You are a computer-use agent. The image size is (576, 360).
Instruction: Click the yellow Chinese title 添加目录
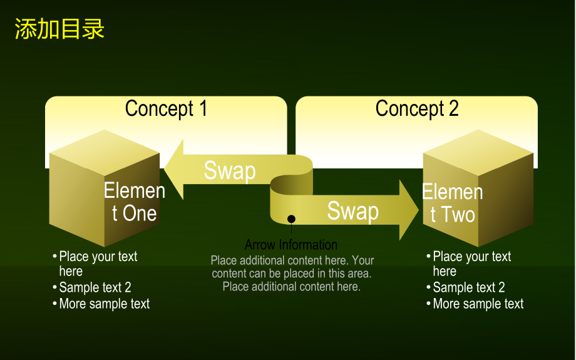tap(59, 29)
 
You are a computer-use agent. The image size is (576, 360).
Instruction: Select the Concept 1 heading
tap(166, 109)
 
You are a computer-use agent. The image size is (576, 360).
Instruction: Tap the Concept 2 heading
tap(417, 109)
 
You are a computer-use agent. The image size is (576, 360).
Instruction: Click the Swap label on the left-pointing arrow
tap(230, 171)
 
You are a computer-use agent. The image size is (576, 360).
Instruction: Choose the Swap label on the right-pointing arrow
tap(352, 211)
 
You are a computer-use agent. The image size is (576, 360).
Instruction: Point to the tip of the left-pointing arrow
tap(165, 169)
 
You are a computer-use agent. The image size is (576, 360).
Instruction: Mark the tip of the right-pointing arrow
tap(418, 210)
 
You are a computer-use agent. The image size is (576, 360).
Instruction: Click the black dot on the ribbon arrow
tap(291, 219)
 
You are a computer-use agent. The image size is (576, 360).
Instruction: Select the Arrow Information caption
tap(291, 245)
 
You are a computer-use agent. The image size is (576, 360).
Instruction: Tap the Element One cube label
tap(135, 202)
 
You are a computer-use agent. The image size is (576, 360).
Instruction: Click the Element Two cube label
tap(452, 203)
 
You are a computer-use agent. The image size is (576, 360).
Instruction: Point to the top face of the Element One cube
tap(105, 152)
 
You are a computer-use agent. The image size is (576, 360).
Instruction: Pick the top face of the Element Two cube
tap(478, 152)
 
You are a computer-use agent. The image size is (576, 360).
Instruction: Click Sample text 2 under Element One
tap(95, 287)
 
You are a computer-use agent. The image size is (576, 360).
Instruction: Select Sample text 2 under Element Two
tap(469, 287)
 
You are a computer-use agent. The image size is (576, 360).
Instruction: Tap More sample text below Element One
tap(105, 304)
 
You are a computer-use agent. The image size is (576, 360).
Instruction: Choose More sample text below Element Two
tap(478, 304)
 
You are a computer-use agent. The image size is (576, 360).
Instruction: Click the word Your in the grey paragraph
tap(363, 260)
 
